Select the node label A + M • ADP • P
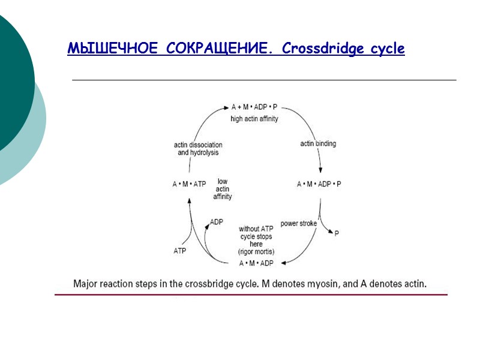pos(255,107)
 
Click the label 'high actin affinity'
pos(254,119)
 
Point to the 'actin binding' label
pos(318,143)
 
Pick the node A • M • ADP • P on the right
pos(319,184)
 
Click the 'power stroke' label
pos(299,224)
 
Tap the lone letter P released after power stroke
pos(337,233)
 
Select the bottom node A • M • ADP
pos(257,263)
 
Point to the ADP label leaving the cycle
pos(217,222)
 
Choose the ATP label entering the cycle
pos(179,251)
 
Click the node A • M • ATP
pos(189,184)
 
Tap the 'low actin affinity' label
pos(223,188)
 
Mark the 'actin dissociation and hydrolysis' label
pos(198,149)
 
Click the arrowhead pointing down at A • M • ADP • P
pos(320,171)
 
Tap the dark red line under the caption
pos(251,295)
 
